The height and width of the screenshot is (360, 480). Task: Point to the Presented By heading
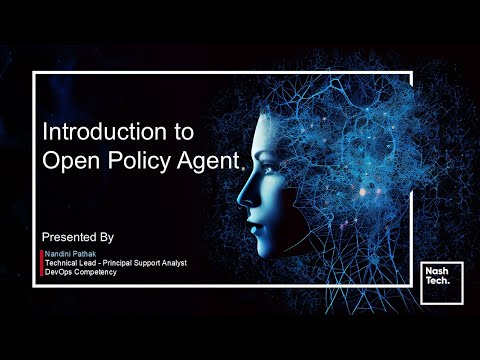[x=78, y=237]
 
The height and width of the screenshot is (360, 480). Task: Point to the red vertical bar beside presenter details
[x=41, y=263]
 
